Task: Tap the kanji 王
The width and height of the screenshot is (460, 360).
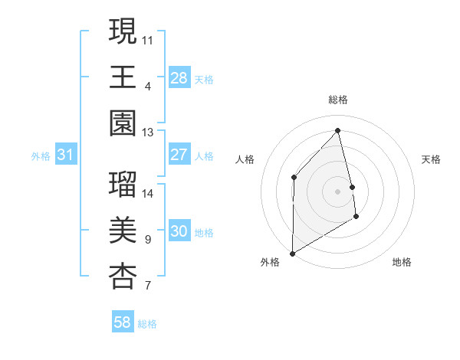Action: [123, 77]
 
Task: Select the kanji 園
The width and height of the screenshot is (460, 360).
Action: [123, 123]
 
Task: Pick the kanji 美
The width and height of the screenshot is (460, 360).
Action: [123, 231]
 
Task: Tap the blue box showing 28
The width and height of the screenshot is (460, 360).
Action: [179, 78]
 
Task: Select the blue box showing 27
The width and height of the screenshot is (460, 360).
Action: [179, 155]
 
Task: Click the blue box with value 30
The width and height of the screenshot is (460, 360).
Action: [179, 232]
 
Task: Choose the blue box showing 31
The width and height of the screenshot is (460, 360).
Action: [66, 155]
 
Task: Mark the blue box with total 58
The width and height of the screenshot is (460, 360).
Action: [123, 322]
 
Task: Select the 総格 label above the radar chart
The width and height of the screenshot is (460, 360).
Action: [338, 100]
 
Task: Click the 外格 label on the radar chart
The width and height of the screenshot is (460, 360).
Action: [270, 262]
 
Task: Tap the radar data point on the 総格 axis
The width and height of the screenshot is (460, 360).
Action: [337, 131]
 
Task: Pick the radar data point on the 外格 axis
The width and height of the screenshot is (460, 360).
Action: [292, 253]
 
